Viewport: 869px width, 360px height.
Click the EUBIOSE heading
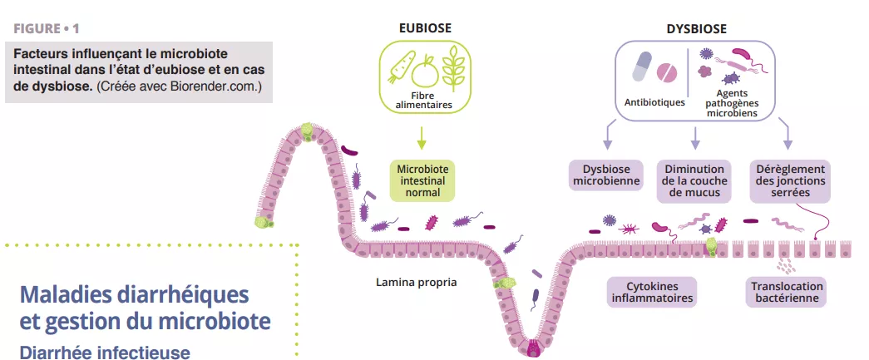pyautogui.click(x=424, y=28)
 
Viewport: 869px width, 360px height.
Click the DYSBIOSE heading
pyautogui.click(x=696, y=28)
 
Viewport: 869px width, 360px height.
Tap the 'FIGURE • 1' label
pyautogui.click(x=47, y=29)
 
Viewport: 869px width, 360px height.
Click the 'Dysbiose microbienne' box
pyautogui.click(x=605, y=180)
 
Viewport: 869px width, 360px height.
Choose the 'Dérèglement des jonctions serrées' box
pyautogui.click(x=790, y=180)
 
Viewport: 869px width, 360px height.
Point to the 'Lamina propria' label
pyautogui.click(x=416, y=282)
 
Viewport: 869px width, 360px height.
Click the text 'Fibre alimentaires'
pyautogui.click(x=424, y=100)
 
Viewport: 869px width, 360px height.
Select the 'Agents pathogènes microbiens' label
pyautogui.click(x=731, y=102)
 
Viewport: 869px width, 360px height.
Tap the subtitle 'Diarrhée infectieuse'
pyautogui.click(x=104, y=352)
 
